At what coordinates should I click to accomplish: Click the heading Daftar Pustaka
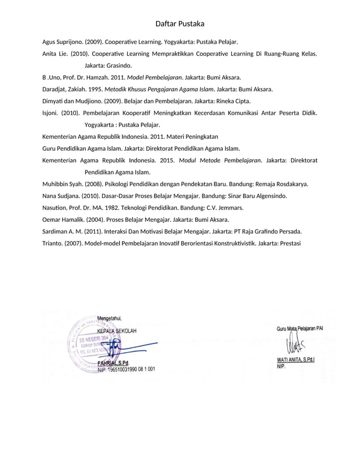pos(179,24)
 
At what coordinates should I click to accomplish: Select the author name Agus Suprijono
pos(62,42)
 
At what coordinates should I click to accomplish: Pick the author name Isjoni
pos(50,113)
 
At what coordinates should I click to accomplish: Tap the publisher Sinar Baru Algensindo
pos(254,196)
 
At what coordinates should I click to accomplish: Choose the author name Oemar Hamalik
pos(63,220)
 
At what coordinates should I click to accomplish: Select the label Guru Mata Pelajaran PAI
pos(299,328)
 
